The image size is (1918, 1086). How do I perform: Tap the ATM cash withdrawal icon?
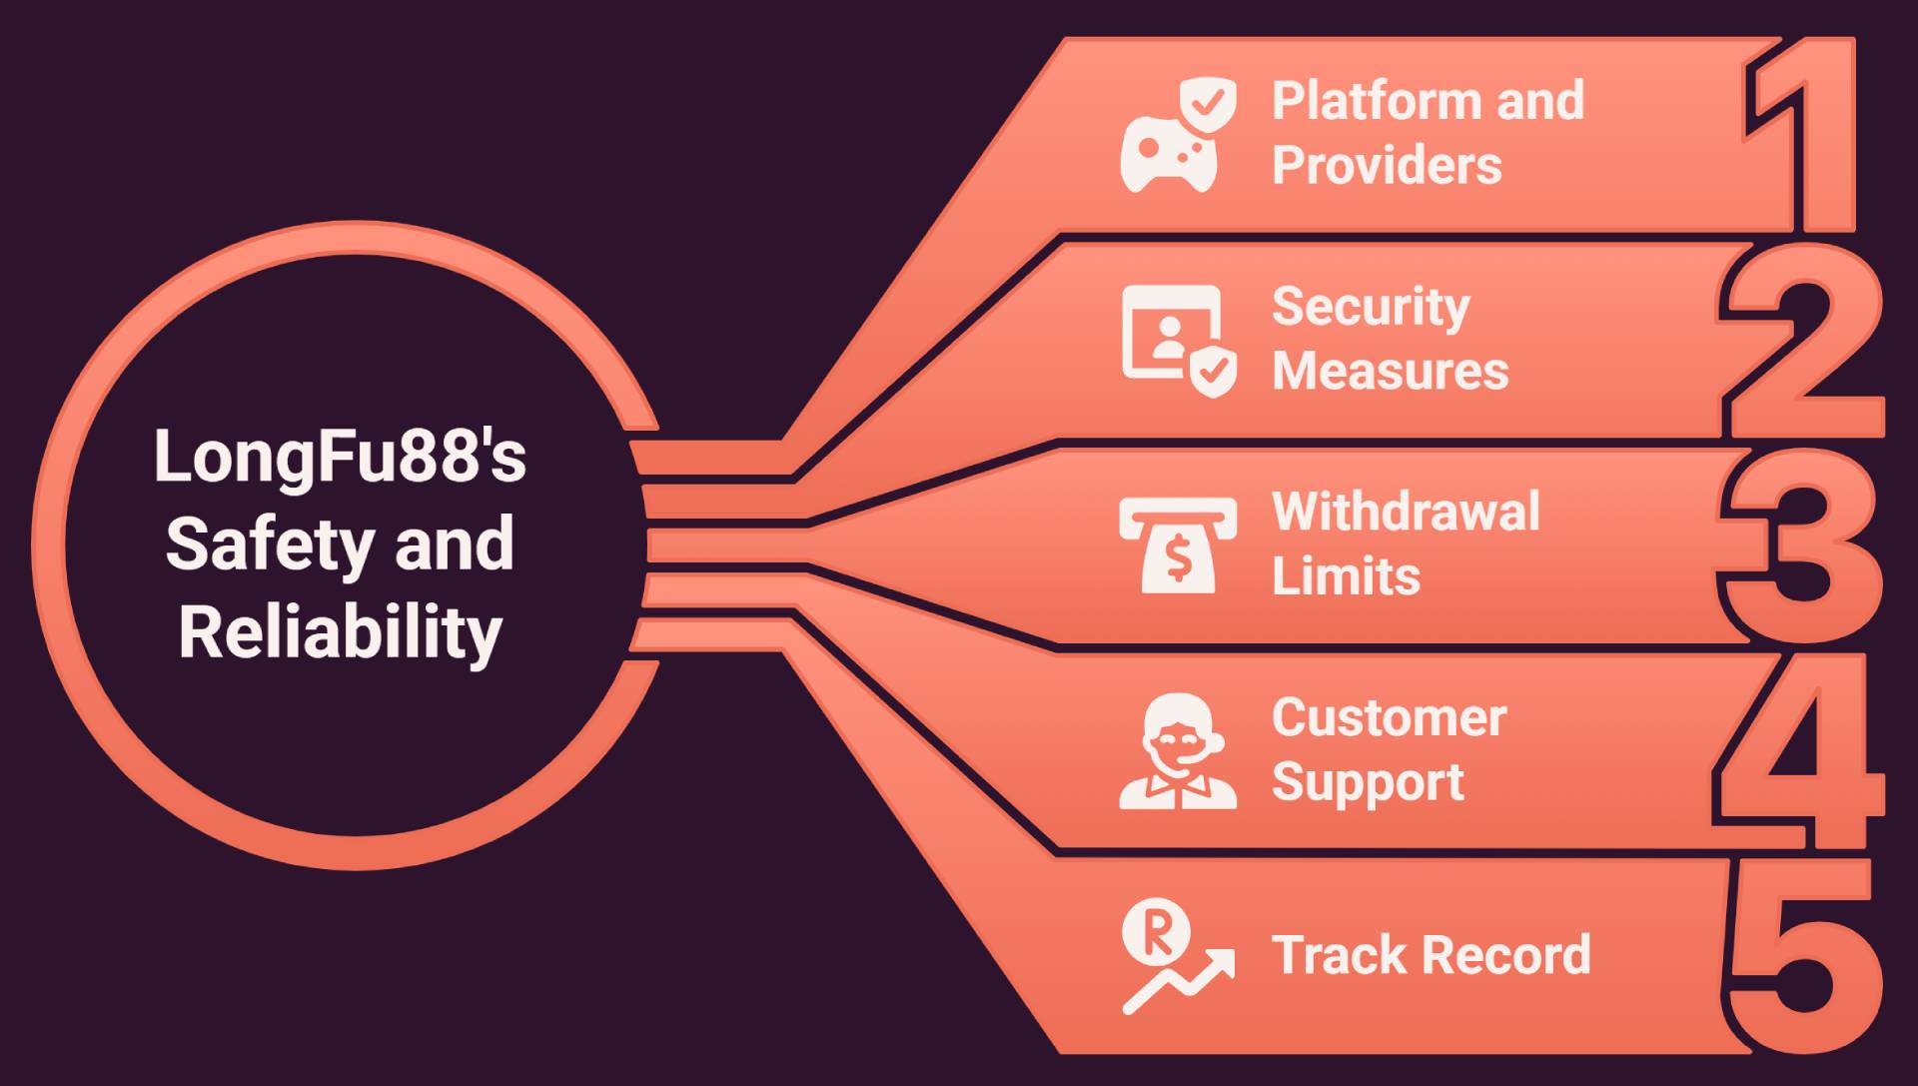(1178, 545)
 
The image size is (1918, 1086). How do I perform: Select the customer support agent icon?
(1178, 751)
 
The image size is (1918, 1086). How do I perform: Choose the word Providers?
(1387, 165)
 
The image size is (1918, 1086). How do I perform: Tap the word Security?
(1371, 308)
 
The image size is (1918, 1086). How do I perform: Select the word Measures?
(1390, 371)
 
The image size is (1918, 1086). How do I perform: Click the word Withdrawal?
(1406, 512)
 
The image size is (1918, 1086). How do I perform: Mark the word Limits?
(1346, 576)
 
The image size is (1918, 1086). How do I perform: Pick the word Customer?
(1389, 717)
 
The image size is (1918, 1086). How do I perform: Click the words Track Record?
(1431, 955)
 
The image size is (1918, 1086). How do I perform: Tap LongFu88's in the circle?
(340, 457)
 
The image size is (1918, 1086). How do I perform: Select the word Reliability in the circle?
(340, 632)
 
